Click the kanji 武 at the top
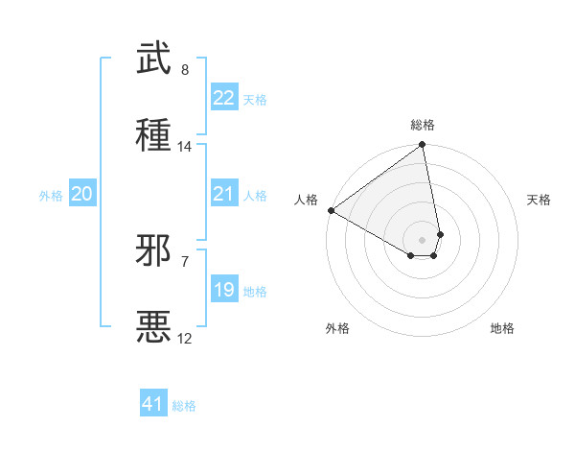154,59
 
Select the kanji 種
154,133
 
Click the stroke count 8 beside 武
185,70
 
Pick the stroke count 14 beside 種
185,147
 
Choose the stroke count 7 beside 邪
185,261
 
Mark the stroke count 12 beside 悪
185,338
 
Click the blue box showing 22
224,98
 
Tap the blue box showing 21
224,194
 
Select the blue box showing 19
224,289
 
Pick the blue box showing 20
81,194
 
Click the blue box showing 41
153,404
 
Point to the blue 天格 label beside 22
255,100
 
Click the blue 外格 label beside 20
51,196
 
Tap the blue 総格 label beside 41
184,406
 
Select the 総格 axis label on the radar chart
423,125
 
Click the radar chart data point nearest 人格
331,210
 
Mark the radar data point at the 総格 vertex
423,146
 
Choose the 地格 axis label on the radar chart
502,328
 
